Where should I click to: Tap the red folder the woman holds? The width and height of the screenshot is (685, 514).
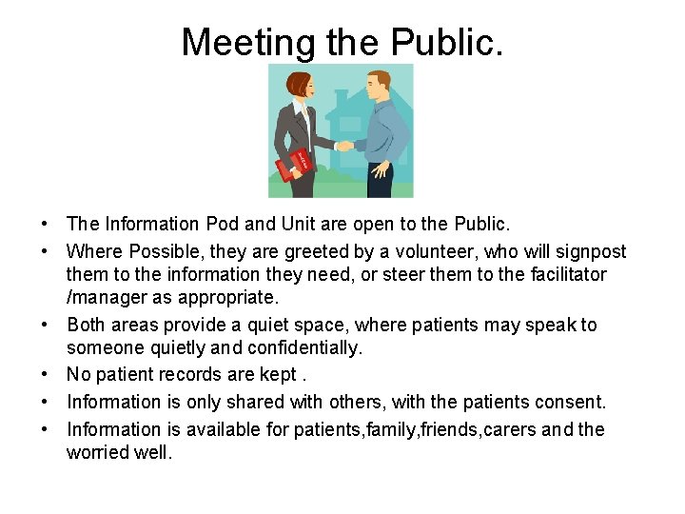coord(294,165)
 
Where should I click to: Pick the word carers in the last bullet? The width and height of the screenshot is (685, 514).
coord(510,429)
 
